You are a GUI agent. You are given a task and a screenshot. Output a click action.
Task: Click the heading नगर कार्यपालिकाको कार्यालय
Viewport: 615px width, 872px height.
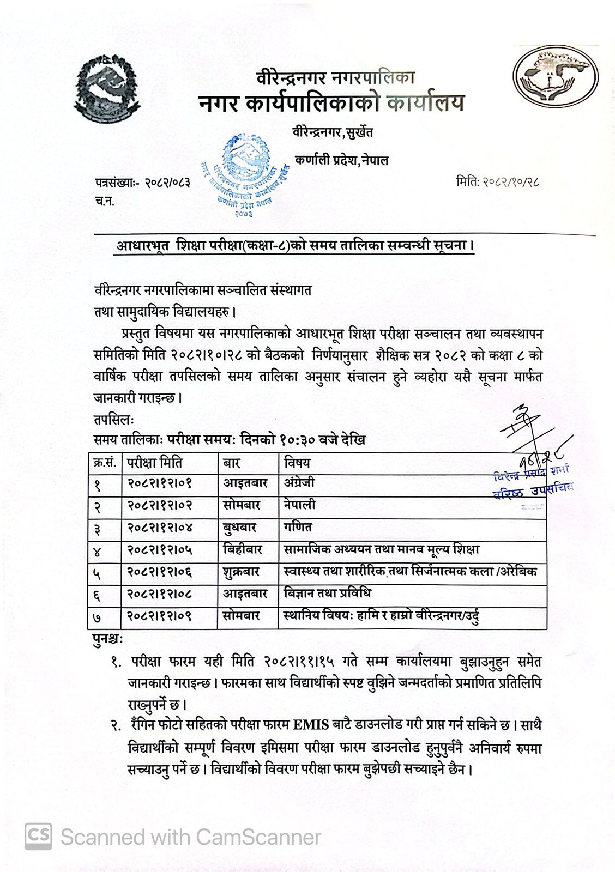point(330,103)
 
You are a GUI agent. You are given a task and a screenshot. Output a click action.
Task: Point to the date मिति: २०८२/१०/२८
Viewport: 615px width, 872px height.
point(497,182)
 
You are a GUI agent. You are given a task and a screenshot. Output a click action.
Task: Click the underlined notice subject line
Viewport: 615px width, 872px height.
point(294,246)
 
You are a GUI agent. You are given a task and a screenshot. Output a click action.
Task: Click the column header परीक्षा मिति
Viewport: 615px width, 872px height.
point(156,463)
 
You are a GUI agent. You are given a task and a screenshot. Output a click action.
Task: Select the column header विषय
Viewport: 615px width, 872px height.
point(297,463)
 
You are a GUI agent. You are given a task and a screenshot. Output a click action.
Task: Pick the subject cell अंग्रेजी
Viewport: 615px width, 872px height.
point(299,483)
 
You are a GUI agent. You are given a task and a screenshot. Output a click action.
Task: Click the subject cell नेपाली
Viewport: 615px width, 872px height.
point(299,505)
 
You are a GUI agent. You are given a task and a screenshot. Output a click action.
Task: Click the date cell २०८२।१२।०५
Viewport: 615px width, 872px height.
point(160,550)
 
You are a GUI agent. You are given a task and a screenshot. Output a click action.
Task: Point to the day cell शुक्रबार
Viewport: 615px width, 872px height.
point(242,572)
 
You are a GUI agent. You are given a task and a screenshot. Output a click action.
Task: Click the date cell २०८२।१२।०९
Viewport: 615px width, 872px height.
point(160,616)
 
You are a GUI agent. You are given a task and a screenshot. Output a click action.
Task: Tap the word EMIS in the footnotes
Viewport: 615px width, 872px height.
point(311,726)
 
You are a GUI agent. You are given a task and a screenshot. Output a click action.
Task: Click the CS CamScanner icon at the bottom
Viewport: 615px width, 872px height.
point(38,837)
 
